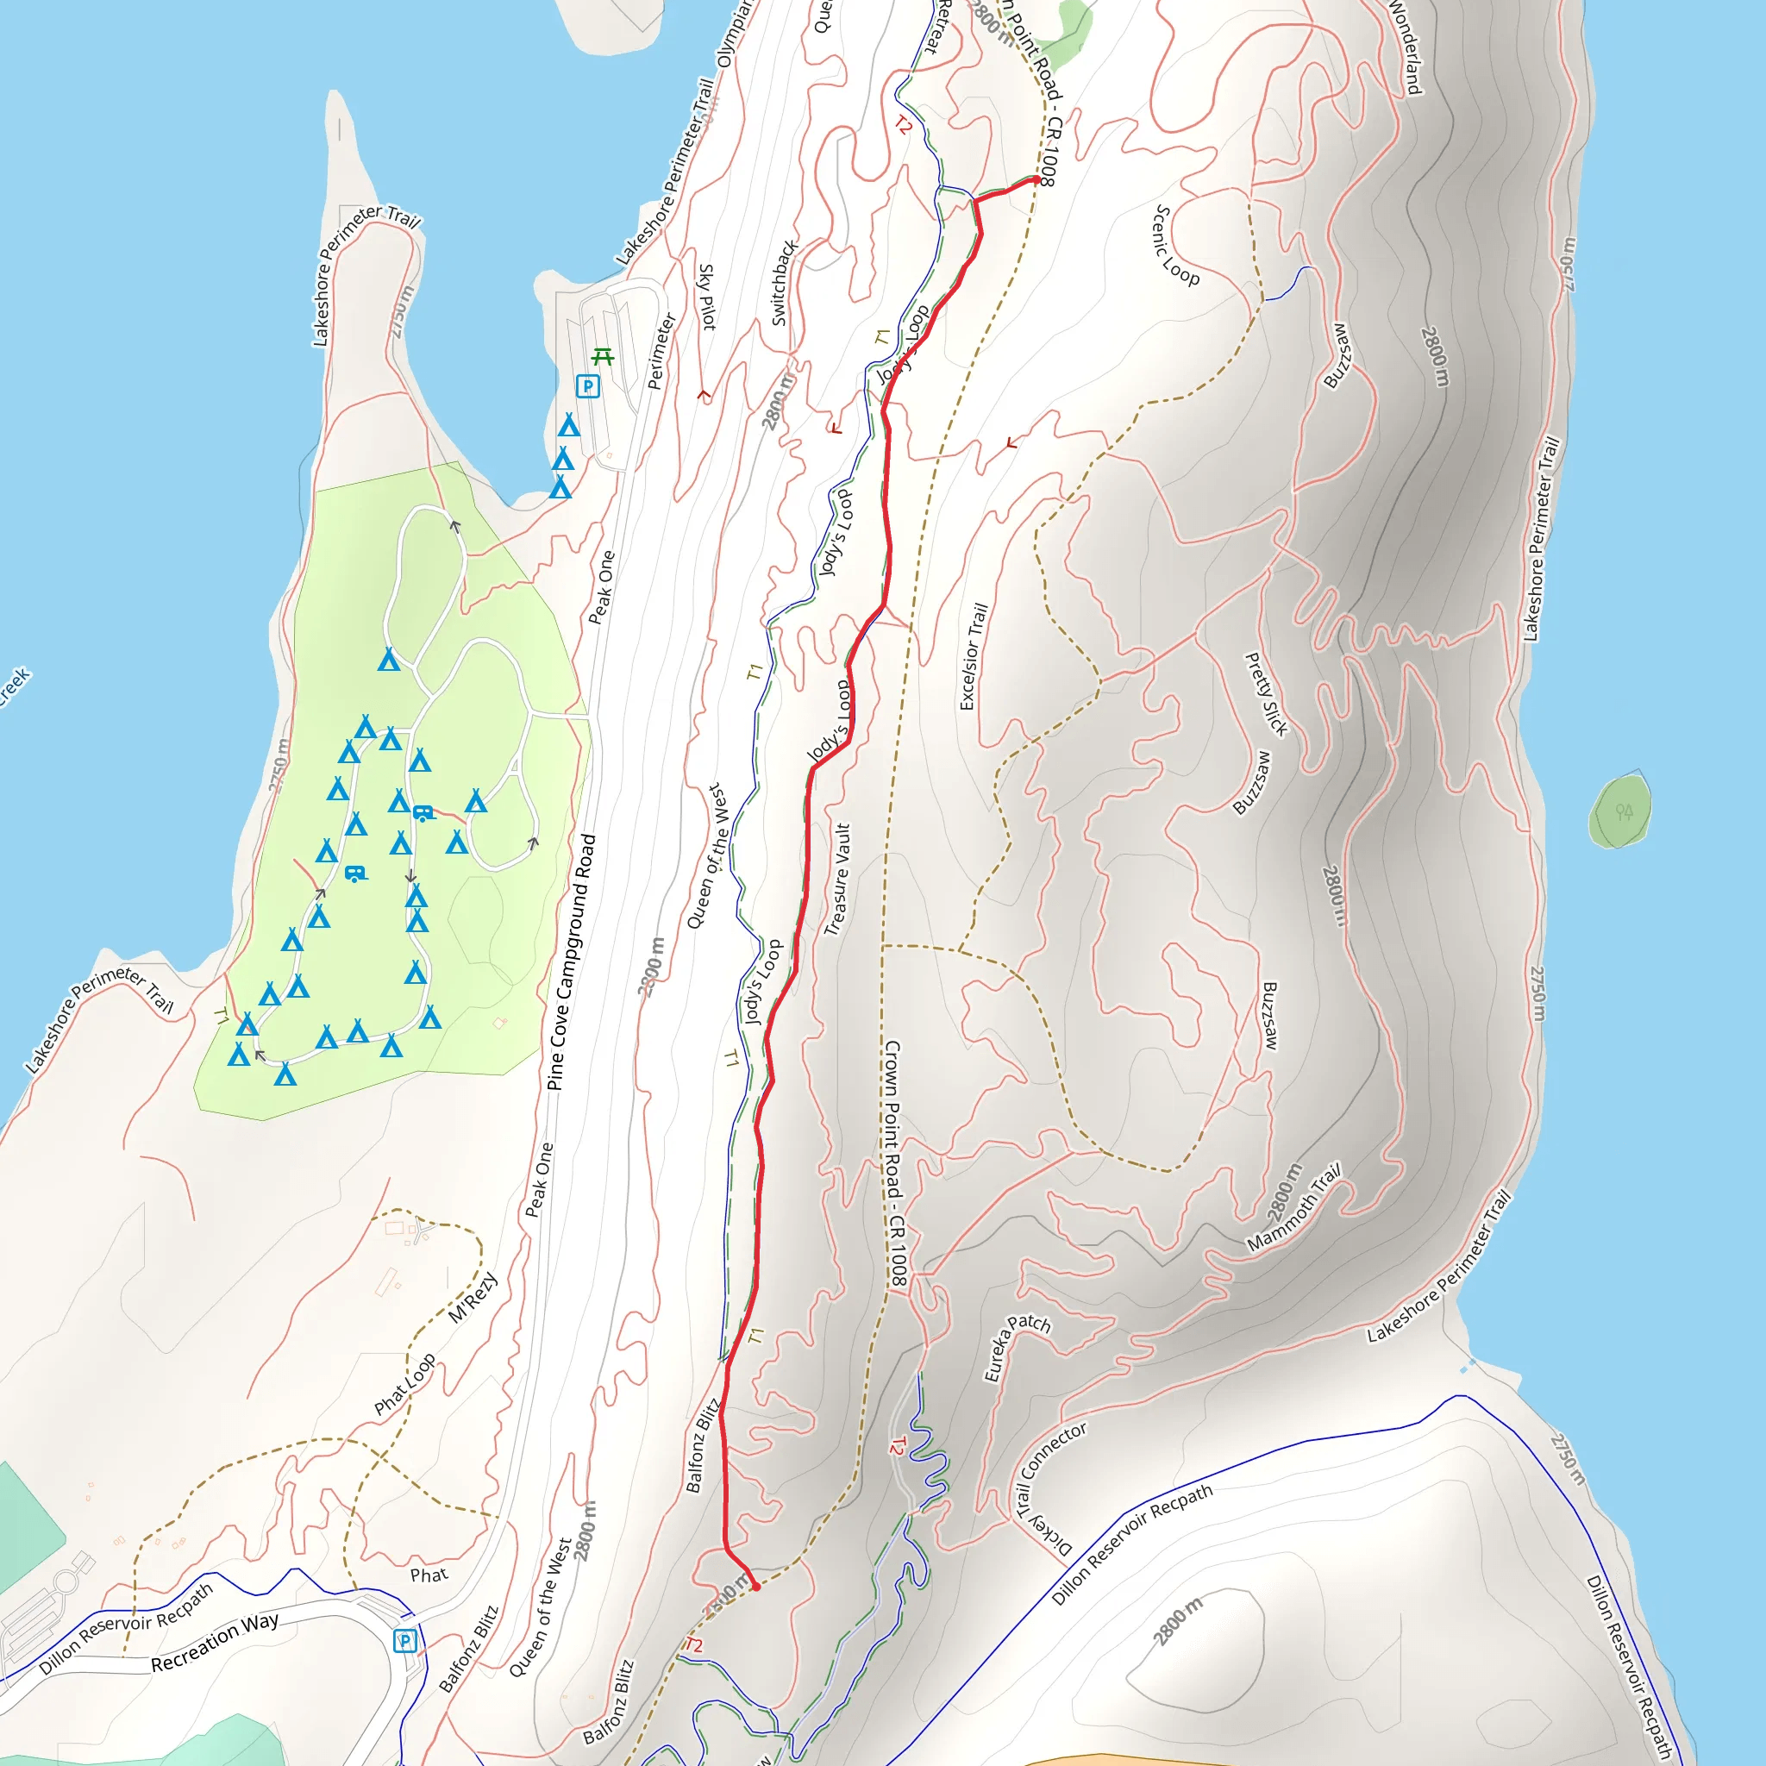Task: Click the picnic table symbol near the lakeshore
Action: [602, 356]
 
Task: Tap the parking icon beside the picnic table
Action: [588, 385]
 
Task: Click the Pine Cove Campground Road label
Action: [573, 961]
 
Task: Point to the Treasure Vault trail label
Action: [837, 880]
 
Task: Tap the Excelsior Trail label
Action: [974, 655]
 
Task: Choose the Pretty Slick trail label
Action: [1267, 694]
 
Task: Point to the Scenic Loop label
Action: [1175, 246]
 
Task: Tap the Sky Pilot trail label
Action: [706, 297]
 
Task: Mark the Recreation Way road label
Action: [215, 1643]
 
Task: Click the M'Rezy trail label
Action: [473, 1297]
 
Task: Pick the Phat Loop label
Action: [404, 1384]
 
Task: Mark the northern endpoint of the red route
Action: [1036, 180]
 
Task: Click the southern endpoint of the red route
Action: [756, 1587]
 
